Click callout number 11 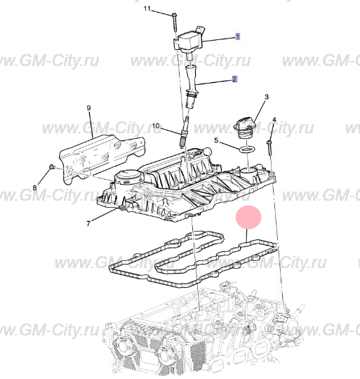(x=147, y=8)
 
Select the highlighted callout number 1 (x=238, y=36)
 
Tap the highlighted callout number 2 (x=234, y=79)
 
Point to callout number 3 (x=267, y=97)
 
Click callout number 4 (x=274, y=119)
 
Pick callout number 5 (x=216, y=140)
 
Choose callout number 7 (x=88, y=224)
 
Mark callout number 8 (x=35, y=187)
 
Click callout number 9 (x=88, y=107)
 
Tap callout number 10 (x=156, y=126)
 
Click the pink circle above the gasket (x=248, y=217)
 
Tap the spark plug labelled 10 (x=183, y=133)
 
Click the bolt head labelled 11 (x=175, y=15)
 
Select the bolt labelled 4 (x=269, y=148)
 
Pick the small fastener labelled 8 (x=51, y=166)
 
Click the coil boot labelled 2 (x=191, y=87)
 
